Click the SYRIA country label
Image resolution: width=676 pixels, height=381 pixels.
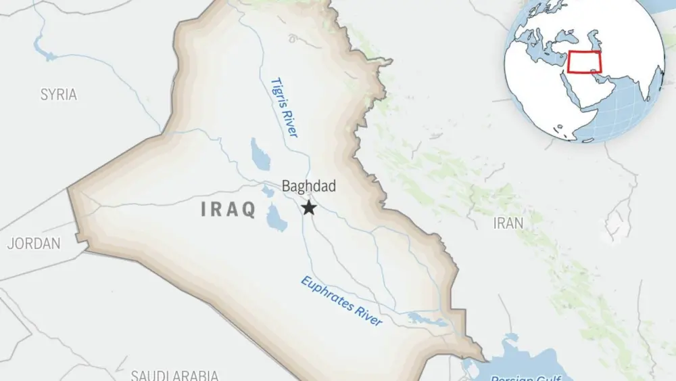[59, 95]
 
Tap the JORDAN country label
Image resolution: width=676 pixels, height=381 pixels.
[34, 243]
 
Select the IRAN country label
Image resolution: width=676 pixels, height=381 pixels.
[508, 223]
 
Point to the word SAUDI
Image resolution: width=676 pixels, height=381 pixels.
[152, 376]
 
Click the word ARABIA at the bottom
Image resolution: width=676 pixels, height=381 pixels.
[197, 376]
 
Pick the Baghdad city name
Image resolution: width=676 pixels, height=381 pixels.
[308, 186]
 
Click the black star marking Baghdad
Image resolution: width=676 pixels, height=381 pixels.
[310, 208]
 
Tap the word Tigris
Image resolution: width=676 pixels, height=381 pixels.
[279, 95]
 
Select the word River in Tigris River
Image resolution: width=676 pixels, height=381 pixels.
[290, 125]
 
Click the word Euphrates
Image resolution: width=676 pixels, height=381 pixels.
[327, 293]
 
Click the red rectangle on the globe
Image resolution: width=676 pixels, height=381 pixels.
[585, 62]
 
